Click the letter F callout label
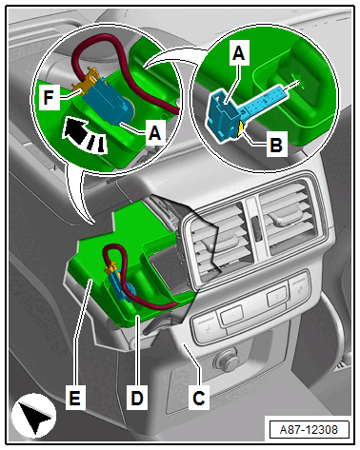[x=49, y=97]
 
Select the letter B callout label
[x=276, y=144]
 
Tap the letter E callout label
[x=75, y=398]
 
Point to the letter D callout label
[x=137, y=398]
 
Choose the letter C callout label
[x=199, y=398]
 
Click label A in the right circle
[x=239, y=52]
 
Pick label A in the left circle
[x=155, y=132]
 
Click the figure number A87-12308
[x=309, y=429]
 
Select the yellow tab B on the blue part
[x=241, y=129]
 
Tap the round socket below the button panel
[x=225, y=359]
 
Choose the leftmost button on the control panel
[x=206, y=326]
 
